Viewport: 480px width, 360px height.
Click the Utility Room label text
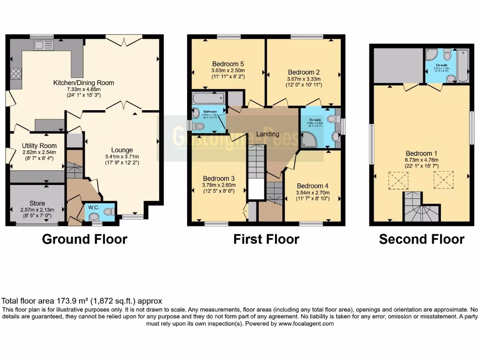(39, 146)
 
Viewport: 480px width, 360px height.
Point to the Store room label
(37, 203)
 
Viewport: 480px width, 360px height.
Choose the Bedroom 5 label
(228, 64)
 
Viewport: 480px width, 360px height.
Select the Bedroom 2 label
(304, 72)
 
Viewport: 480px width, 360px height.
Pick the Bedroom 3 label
(218, 178)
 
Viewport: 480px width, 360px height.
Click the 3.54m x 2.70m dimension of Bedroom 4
(313, 193)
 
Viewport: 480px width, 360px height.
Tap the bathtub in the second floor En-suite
(463, 66)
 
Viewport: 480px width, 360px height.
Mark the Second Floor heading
(421, 240)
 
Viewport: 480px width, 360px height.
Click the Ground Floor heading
(84, 239)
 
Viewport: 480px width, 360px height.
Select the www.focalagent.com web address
(306, 324)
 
